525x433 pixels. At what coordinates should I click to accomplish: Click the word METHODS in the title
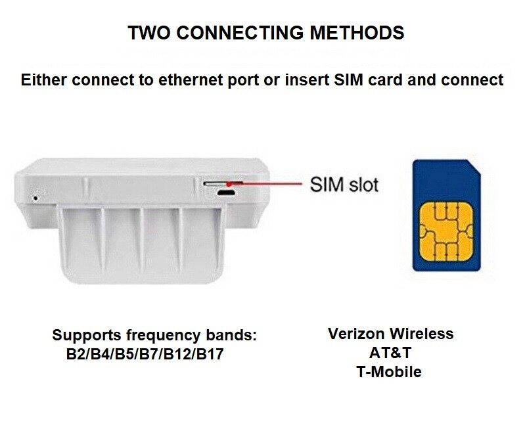357,32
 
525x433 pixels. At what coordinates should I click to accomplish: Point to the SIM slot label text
344,185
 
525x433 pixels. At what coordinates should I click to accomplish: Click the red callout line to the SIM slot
265,184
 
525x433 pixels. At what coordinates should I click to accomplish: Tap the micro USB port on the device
226,193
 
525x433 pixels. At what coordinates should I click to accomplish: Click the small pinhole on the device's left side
35,198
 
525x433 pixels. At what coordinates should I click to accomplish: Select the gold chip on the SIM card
445,231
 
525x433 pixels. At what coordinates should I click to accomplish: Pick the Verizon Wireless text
391,334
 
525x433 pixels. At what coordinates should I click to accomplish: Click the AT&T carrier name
390,353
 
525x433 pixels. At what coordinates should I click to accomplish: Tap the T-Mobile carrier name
389,372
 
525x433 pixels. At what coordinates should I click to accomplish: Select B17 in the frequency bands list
210,354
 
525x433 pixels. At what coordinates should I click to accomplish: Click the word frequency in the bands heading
164,335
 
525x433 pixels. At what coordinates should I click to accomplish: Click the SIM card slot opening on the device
223,183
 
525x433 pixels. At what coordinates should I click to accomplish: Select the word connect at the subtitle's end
472,80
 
